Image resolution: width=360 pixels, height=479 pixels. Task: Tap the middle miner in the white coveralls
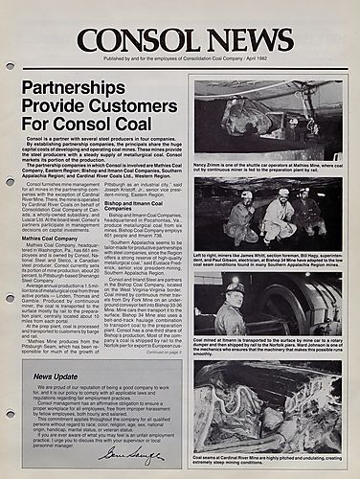click(280, 217)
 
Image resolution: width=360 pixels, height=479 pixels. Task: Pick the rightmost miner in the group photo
click(309, 214)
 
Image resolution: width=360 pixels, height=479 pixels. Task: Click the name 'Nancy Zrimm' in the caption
click(214, 166)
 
